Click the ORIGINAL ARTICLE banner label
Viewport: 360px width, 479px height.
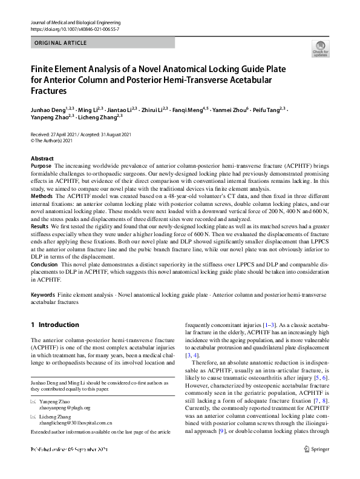[x=61, y=43]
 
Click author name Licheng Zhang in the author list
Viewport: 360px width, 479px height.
[x=99, y=116]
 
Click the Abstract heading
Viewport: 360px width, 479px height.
[x=42, y=158]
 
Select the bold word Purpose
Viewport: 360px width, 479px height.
[x=41, y=165]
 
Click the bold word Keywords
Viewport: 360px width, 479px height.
[x=43, y=294]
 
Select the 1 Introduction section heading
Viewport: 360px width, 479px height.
[x=55, y=325]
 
